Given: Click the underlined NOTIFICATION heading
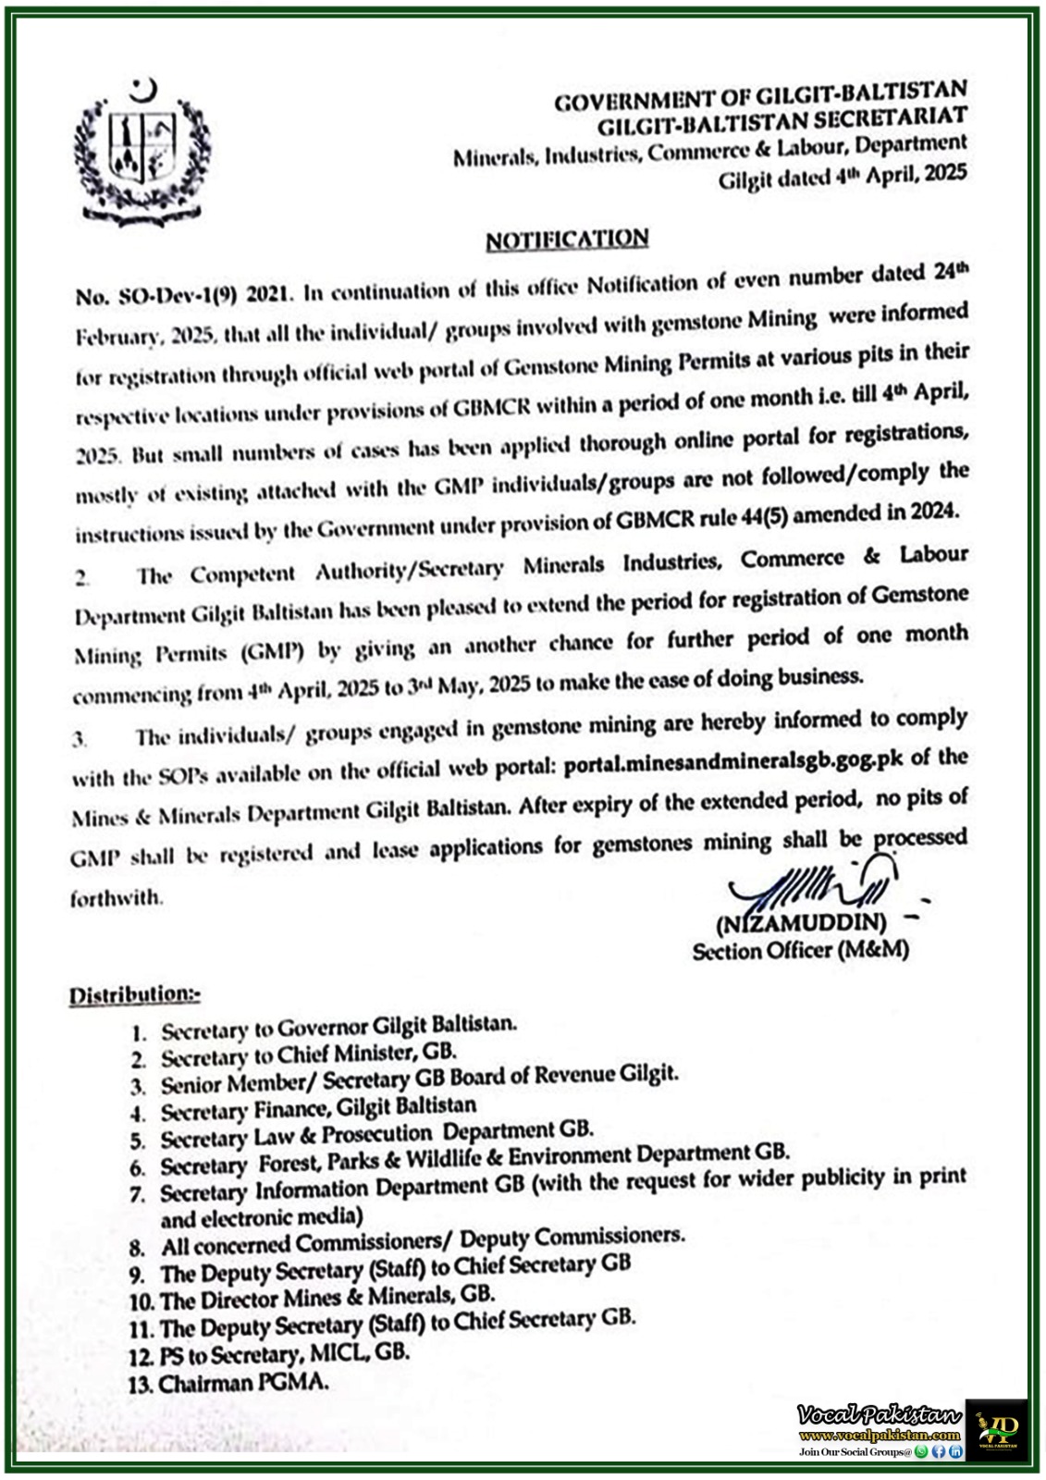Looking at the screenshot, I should point(567,240).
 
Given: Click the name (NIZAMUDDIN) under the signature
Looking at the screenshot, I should point(801,923).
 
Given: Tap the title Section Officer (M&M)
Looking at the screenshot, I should point(800,950).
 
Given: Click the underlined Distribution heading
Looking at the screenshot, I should point(134,994).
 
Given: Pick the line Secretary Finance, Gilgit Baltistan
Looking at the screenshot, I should point(318,1108).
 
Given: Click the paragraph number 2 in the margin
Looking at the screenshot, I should point(82,578).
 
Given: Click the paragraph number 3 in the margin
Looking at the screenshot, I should point(80,739).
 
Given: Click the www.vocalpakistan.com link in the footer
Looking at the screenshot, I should point(879,1435).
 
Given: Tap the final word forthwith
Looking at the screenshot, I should point(117,898).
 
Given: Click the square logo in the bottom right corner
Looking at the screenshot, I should point(996,1429).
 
